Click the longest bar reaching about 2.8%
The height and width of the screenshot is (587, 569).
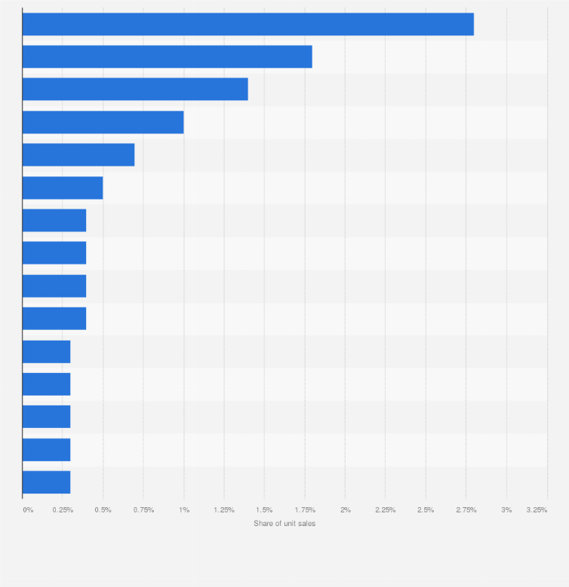pos(248,24)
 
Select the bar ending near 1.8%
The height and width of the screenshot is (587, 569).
pos(167,57)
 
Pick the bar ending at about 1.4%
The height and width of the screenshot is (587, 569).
pos(135,89)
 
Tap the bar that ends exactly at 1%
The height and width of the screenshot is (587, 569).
pos(103,122)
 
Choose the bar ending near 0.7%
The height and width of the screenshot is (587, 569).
pos(78,154)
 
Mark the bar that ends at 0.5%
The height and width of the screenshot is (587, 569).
pos(63,188)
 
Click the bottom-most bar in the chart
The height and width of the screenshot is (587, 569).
pos(46,482)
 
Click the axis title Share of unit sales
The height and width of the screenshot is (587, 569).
pos(284,524)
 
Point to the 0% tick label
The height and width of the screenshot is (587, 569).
pos(28,510)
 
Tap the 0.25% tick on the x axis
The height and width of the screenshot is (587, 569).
pos(63,510)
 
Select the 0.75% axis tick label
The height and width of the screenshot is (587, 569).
pos(143,510)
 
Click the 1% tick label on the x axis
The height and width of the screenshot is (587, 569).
pos(184,510)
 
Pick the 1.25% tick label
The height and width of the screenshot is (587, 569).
pos(224,510)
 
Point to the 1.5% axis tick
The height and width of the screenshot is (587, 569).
pos(264,510)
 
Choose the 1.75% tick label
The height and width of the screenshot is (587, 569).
pos(305,510)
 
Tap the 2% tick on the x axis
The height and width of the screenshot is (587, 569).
pos(345,510)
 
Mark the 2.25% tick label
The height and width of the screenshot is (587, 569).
pos(386,510)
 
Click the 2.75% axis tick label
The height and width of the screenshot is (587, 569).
pos(466,510)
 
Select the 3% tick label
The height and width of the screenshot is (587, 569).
pos(507,510)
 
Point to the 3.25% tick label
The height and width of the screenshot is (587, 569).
pos(537,510)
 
